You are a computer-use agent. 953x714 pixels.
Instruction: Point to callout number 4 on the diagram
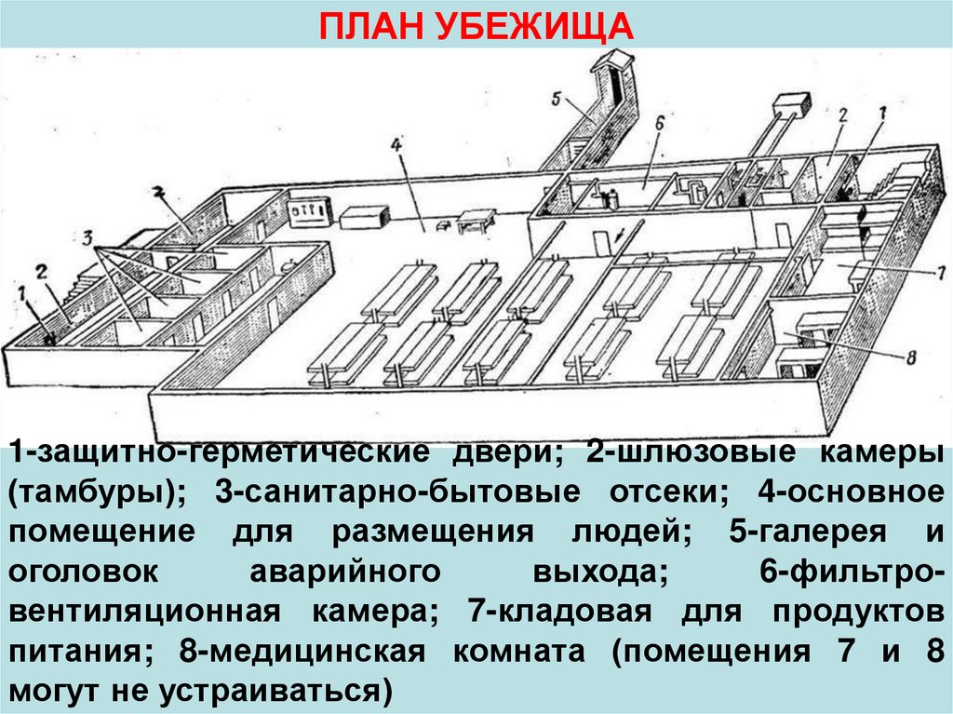coord(395,145)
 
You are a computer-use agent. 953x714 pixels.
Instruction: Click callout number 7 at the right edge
coord(940,273)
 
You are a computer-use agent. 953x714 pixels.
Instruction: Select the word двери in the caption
coord(506,454)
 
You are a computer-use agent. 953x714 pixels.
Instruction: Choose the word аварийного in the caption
coord(341,573)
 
